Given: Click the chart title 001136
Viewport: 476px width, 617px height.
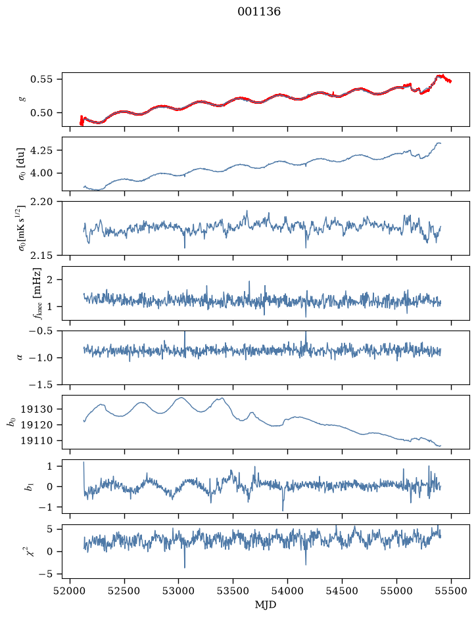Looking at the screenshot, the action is pos(259,12).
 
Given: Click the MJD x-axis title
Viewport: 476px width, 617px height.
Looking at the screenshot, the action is pos(266,605).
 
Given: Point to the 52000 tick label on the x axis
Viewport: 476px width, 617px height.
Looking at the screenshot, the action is pos(70,591).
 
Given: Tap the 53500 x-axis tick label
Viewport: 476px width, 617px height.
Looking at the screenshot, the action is pos(233,591).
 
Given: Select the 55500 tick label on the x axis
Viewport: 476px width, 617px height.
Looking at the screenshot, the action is pos(451,591).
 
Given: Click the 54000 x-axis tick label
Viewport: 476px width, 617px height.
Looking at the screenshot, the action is pos(287,591).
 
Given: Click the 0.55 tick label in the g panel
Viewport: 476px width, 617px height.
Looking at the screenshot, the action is pos(41,79).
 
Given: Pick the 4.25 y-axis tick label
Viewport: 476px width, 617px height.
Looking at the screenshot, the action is pos(41,150).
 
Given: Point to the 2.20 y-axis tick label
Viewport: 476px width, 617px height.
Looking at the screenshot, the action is pos(41,202).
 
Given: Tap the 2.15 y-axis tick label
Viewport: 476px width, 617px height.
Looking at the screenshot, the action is pos(41,256).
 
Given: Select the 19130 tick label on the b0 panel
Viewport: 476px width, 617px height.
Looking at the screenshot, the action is pos(37,409).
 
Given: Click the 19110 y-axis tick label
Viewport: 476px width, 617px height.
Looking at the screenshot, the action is pos(37,441).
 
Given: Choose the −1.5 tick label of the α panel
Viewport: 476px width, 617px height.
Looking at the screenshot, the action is pos(41,384).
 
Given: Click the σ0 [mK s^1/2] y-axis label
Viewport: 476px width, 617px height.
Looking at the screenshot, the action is pos(21,229).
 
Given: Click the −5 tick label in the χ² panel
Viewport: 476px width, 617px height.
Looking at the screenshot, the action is pos(45,574).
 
